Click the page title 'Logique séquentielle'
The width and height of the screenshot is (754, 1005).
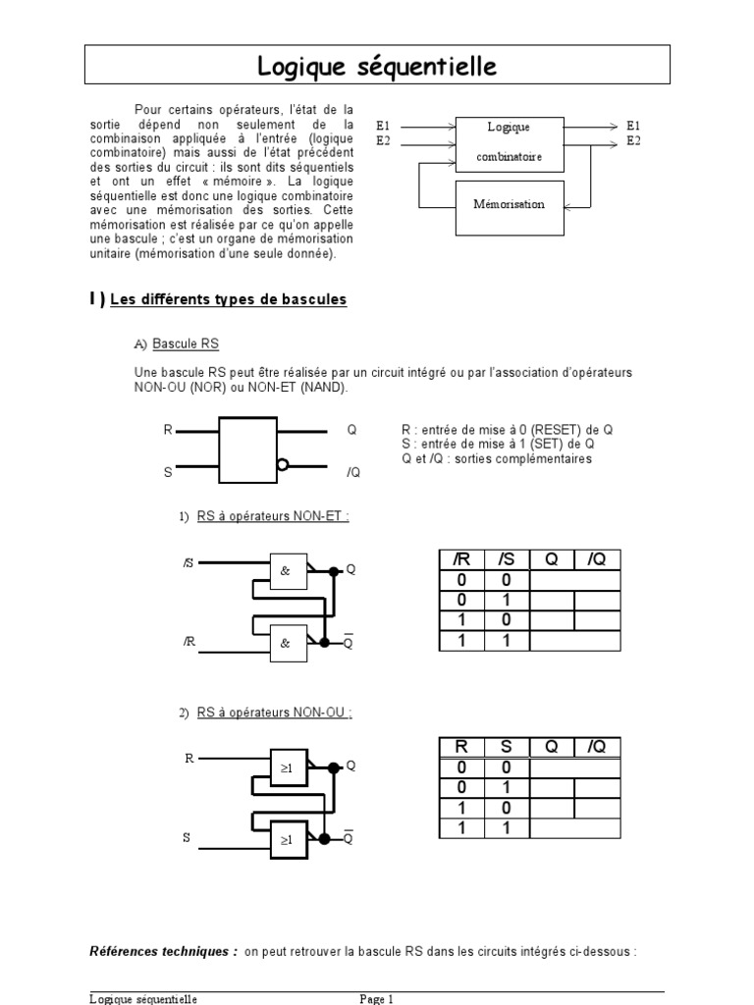pos(377,67)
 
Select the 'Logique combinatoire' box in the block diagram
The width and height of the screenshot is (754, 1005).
pos(509,143)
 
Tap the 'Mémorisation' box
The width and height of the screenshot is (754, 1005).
pos(509,206)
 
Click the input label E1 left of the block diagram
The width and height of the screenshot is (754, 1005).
pos(383,126)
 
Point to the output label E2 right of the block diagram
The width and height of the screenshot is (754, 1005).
pos(633,141)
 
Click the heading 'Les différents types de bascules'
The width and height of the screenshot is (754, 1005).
pos(229,299)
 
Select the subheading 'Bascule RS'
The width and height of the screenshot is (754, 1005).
pos(186,344)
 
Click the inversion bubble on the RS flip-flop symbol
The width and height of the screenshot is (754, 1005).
pos(283,466)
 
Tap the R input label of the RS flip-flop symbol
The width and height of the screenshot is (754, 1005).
pos(168,430)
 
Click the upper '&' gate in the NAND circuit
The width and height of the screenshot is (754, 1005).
pos(288,570)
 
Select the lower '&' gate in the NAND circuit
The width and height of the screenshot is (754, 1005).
pos(288,643)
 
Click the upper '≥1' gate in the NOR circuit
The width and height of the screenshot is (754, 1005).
pos(288,768)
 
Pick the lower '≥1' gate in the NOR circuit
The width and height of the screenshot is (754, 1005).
pos(288,840)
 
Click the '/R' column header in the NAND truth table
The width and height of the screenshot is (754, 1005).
pos(461,559)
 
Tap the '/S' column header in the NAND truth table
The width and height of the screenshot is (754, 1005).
pos(507,559)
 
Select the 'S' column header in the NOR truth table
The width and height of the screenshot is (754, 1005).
pos(507,747)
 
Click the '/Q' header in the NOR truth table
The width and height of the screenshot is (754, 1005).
pos(597,747)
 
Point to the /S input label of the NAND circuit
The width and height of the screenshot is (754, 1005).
pos(188,563)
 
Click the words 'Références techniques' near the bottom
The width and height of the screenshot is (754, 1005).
pos(163,951)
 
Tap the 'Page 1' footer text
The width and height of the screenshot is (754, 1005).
pos(376,998)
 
